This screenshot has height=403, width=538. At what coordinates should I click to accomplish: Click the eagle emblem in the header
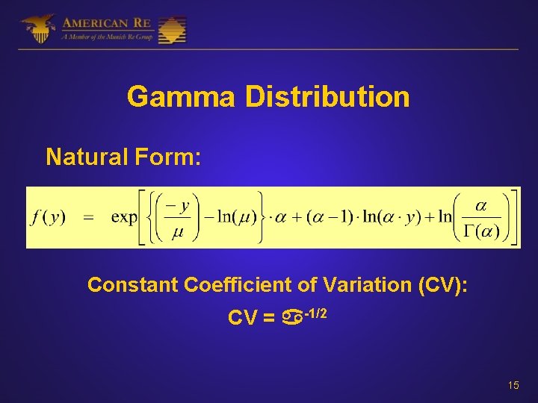tap(37, 28)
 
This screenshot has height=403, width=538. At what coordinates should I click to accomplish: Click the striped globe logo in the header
tap(172, 29)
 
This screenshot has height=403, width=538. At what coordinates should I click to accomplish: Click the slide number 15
tap(513, 385)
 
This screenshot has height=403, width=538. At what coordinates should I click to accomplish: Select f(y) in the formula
tap(49, 217)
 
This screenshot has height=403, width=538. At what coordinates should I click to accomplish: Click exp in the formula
tap(123, 217)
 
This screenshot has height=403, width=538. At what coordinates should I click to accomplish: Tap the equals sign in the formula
tap(88, 217)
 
